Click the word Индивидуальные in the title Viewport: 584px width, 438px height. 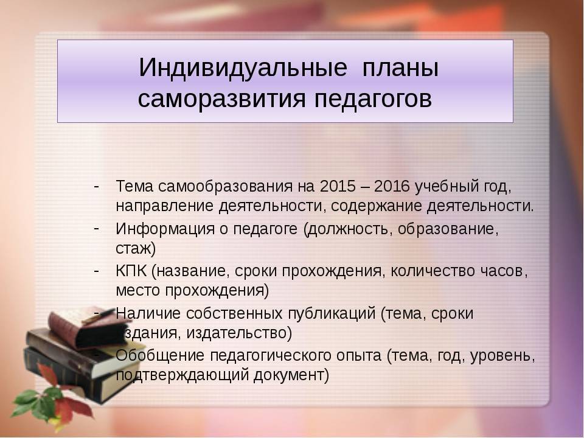click(243, 68)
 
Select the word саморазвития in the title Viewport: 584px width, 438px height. click(221, 99)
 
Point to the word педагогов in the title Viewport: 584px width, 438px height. click(373, 99)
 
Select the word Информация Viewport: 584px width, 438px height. click(165, 229)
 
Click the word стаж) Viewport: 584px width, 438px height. click(136, 249)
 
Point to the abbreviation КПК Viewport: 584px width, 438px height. click(131, 271)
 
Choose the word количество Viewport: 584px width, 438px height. click(431, 271)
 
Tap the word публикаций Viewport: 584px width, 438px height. click(332, 314)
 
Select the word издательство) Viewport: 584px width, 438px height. click(238, 333)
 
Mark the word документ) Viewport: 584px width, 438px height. click(291, 375)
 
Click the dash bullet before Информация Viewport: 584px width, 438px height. click(96, 228)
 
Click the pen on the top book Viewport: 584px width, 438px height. click(98, 316)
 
